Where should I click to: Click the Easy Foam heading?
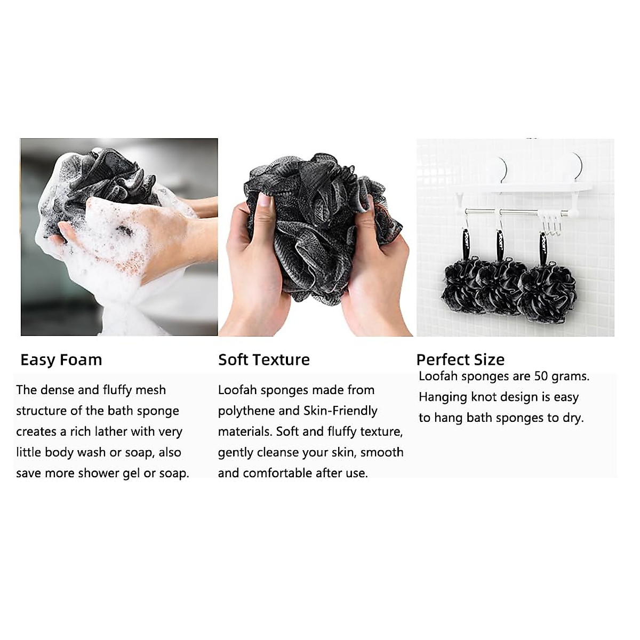pos(61,360)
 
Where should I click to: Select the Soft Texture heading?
pos(263,360)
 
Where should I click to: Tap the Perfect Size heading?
pos(460,359)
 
